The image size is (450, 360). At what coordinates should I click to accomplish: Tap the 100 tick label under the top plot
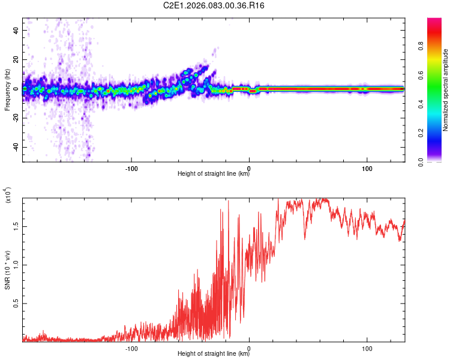[367, 167]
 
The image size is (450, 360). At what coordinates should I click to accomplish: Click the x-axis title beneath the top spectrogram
[214, 174]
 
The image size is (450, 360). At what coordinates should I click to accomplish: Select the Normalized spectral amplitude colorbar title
[446, 90]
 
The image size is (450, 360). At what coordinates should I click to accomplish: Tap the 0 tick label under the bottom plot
[249, 348]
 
